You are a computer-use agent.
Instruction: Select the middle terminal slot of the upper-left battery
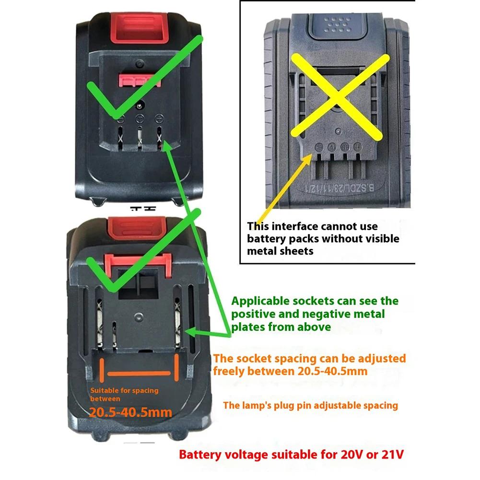click(x=140, y=136)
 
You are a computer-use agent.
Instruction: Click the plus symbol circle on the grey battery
click(x=357, y=148)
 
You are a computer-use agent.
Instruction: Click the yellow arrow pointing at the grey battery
click(x=288, y=182)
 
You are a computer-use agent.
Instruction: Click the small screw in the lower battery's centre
click(x=139, y=316)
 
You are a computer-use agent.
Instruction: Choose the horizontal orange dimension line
click(x=139, y=374)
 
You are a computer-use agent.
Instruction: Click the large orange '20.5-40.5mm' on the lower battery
click(x=131, y=411)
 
